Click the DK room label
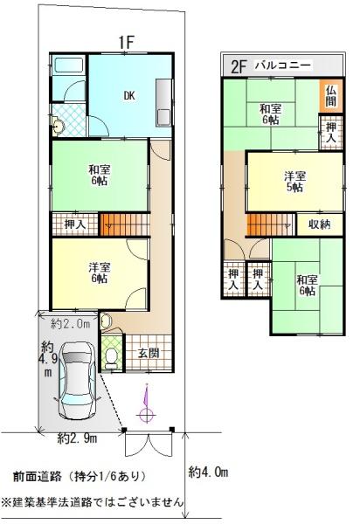point(129,96)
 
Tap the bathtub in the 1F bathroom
point(69,65)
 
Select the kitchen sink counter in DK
point(163,103)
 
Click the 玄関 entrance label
point(149,353)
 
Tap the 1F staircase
point(124,225)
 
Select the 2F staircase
point(270,224)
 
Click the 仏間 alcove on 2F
point(330,96)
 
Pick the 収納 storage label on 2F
point(320,224)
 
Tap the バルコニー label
point(283,65)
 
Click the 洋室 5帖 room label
point(294,182)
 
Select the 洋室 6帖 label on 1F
point(100,272)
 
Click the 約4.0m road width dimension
point(208,472)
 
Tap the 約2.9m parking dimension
point(77,438)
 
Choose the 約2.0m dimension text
point(71,323)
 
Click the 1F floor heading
point(127,42)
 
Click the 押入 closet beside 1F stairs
point(75,224)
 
